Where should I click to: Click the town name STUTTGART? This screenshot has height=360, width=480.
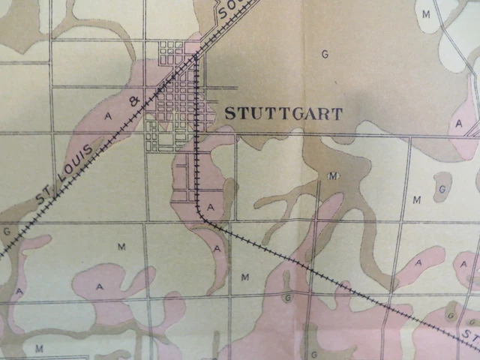click(x=283, y=114)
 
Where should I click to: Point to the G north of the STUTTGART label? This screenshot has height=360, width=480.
click(x=325, y=54)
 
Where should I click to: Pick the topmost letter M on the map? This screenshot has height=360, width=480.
click(x=426, y=14)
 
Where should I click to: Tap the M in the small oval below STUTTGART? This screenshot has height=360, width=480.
click(x=332, y=175)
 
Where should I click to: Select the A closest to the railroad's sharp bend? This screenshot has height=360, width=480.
click(x=211, y=206)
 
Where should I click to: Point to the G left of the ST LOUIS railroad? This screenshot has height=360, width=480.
click(x=7, y=231)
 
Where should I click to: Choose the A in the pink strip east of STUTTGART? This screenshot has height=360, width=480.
click(x=457, y=122)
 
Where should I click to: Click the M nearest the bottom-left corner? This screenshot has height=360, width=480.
click(x=38, y=348)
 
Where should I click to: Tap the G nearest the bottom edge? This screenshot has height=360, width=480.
click(x=314, y=353)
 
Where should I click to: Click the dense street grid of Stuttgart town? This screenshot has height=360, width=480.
click(x=176, y=97)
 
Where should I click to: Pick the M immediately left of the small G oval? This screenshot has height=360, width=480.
click(x=418, y=199)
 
